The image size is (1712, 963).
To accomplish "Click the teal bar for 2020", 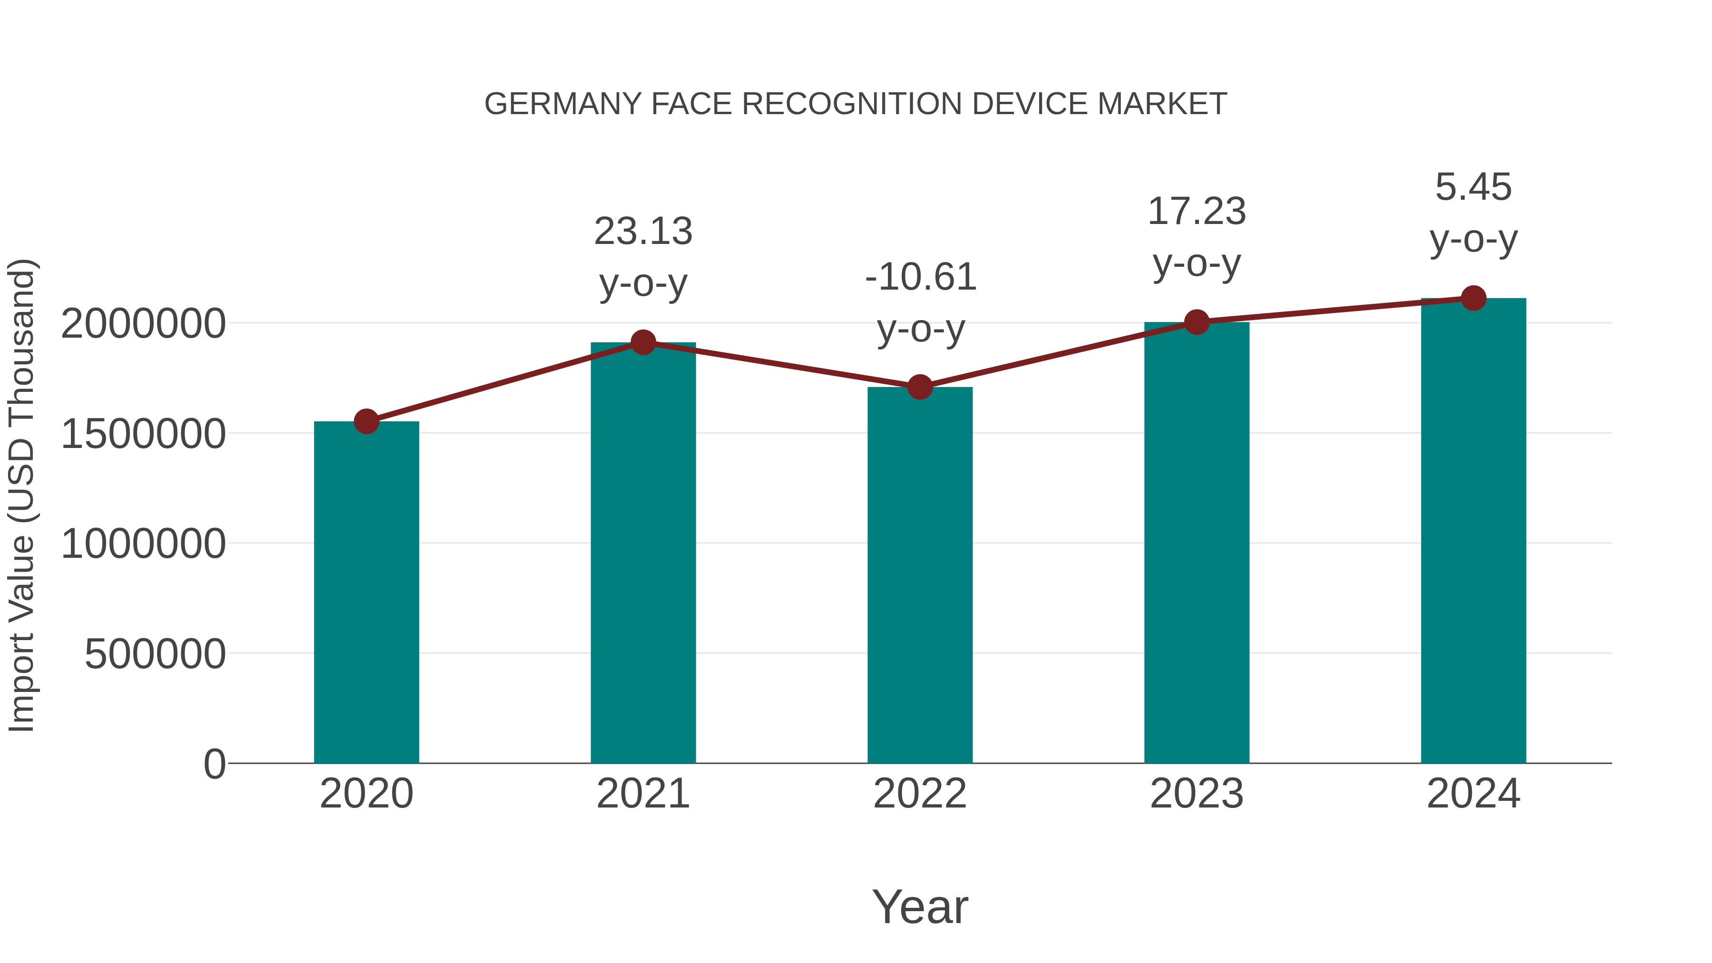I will [x=366, y=592].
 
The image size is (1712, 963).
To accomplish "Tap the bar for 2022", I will [x=920, y=575].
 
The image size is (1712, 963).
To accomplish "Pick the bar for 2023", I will [x=1196, y=542].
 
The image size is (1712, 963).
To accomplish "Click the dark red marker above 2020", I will [x=366, y=421].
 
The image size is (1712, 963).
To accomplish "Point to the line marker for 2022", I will [x=920, y=387].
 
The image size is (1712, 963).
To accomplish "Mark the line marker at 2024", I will [x=1473, y=298].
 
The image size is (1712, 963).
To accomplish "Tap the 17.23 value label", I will [x=1196, y=211].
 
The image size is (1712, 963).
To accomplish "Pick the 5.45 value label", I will [x=1473, y=187].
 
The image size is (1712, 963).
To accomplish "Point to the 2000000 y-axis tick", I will [x=143, y=324].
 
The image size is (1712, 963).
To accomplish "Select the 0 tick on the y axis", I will [x=214, y=764].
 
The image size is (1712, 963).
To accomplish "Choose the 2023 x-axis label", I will [x=1196, y=794].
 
